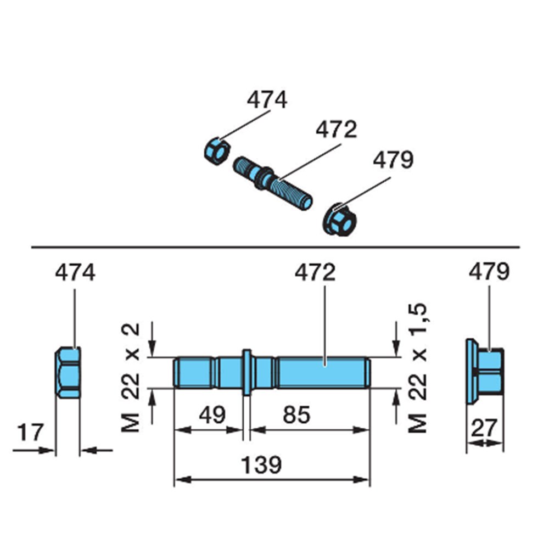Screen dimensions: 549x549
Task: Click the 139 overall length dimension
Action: (261, 466)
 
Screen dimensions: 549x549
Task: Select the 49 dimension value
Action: (212, 415)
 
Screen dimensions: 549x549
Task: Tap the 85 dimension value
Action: (296, 415)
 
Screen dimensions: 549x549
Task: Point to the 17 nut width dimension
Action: (30, 433)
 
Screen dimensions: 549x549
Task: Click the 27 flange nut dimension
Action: (484, 428)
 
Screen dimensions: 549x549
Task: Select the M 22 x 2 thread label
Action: (131, 378)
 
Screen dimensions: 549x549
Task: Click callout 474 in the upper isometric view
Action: (267, 100)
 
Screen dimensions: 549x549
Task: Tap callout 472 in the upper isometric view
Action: (336, 130)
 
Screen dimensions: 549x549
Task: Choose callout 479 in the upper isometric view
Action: (393, 160)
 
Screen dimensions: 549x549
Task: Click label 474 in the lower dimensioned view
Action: (75, 272)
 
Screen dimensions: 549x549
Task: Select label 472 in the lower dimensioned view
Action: (315, 272)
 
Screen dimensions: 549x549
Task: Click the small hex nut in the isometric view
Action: (217, 152)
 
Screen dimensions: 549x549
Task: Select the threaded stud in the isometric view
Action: (273, 183)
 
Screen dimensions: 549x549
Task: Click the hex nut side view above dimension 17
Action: (68, 373)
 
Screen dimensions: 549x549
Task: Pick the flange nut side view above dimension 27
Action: (485, 372)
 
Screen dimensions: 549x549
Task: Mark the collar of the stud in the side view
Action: (247, 372)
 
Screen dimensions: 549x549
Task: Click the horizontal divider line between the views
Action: (275, 247)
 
